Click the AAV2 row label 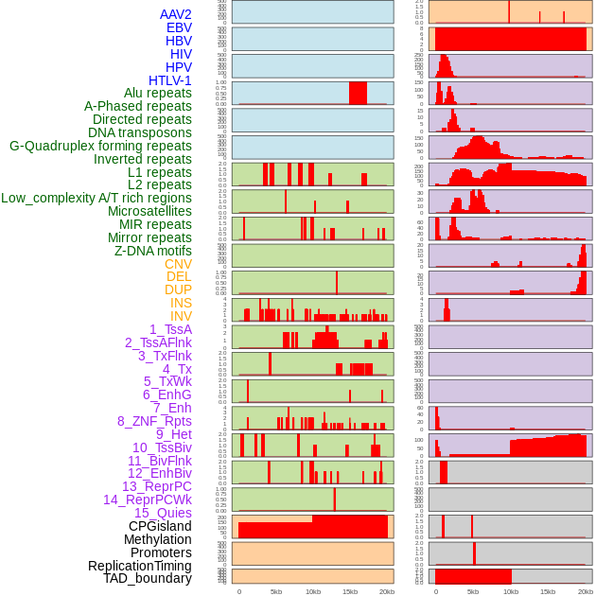point(175,14)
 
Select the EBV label point(179,27)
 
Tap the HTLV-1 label point(169,80)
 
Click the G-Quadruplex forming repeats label point(100,146)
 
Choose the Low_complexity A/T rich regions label point(96,198)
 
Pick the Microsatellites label point(149,211)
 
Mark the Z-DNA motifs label point(153,251)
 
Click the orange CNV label point(178,264)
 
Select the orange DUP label point(178,289)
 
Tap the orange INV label point(181,316)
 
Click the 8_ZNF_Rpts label point(154,421)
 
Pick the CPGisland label point(160,526)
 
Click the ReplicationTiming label point(139,566)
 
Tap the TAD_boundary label point(148,578)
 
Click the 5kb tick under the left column point(276,591)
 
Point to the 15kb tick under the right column point(547,591)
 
